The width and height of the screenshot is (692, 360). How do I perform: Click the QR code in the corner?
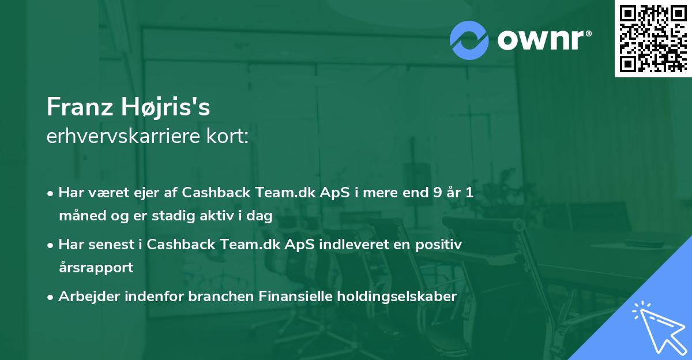(653, 38)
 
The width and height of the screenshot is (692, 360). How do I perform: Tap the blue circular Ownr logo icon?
(469, 40)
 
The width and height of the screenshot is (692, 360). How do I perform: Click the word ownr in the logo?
(540, 40)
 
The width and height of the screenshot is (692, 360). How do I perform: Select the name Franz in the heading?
(80, 107)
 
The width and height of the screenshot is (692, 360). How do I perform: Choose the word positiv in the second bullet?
(439, 245)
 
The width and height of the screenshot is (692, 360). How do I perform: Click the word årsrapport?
(96, 268)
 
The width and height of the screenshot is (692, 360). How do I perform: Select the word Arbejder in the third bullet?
(89, 297)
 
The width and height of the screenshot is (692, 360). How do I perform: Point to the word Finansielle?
(295, 296)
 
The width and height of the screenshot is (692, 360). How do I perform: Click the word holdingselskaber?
(397, 297)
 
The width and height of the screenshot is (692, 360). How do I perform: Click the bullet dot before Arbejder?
(50, 298)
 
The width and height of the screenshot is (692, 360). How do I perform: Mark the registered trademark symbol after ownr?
(589, 33)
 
